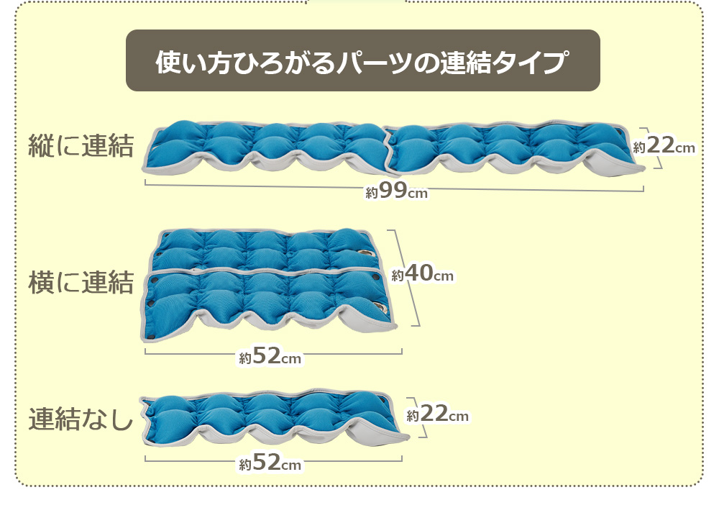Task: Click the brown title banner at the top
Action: click(x=362, y=60)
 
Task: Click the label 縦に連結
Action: click(x=81, y=146)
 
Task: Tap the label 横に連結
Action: click(x=81, y=282)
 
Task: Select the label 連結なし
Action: click(x=81, y=418)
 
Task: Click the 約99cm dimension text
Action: click(x=397, y=191)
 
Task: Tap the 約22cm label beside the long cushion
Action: click(x=664, y=145)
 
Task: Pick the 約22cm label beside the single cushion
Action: click(x=437, y=414)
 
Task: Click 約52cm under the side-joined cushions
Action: click(x=270, y=355)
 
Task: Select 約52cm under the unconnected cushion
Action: click(x=270, y=462)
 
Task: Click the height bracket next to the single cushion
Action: click(x=421, y=417)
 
